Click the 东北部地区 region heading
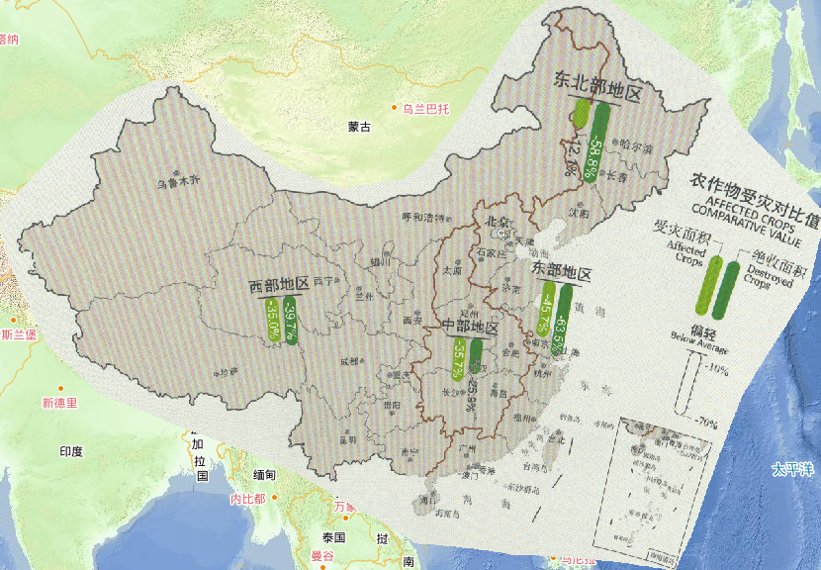[x=598, y=89]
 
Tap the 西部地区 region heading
[x=280, y=286]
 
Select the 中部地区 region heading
[x=470, y=328]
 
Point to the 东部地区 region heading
[x=562, y=272]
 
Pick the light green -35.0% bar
[x=271, y=318]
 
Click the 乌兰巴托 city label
[x=425, y=108]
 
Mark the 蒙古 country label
[x=359, y=127]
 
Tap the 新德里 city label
[x=59, y=403]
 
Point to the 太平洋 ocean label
[x=790, y=469]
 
